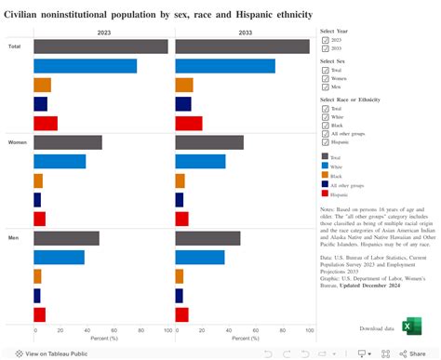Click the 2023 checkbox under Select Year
pos(325,41)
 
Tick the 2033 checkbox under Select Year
pos(325,50)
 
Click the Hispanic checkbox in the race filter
pos(325,142)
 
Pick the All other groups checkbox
pos(325,133)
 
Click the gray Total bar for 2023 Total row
pos(100,47)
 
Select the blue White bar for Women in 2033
pos(200,162)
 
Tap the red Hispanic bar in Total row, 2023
pos(46,123)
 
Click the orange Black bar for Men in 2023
pos(37,276)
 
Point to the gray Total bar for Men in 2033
pos(207,238)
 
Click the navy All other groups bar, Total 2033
pos(182,104)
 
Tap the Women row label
pos(17,142)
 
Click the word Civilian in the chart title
pos(28,15)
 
